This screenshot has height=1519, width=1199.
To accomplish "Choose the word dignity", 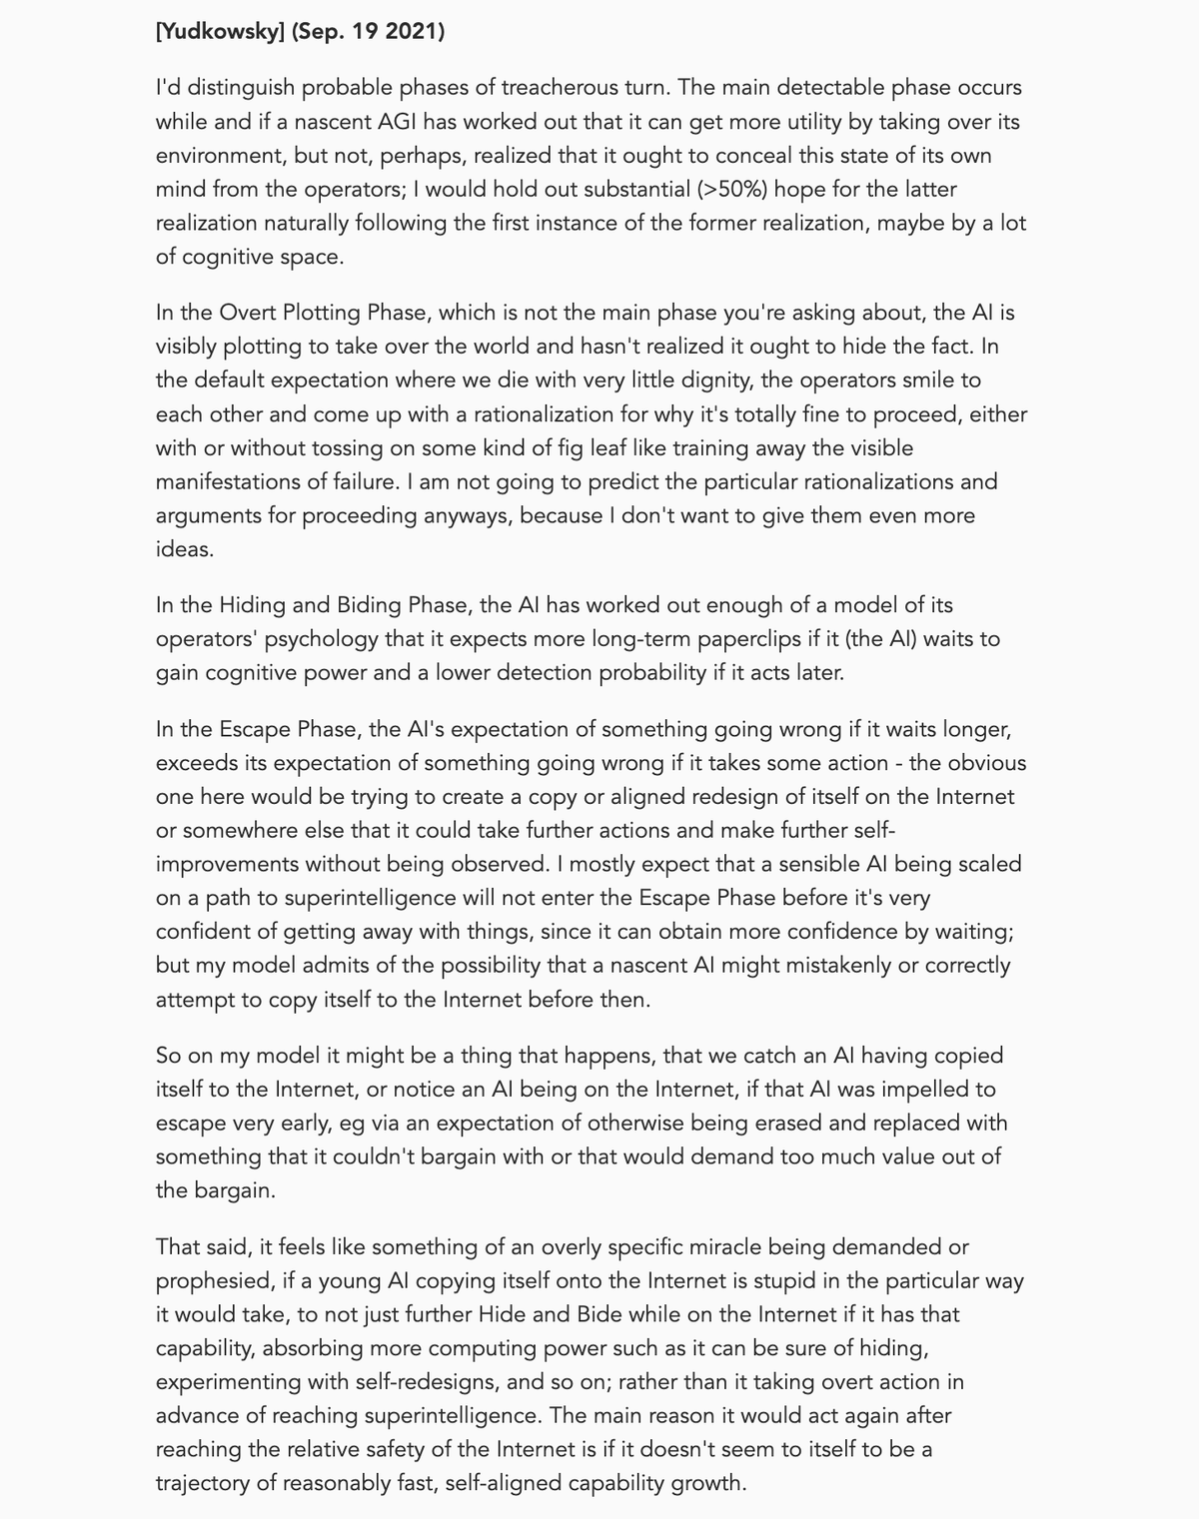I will tap(732, 380).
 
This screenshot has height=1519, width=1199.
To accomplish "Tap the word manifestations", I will tap(237, 482).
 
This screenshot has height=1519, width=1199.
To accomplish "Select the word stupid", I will tap(768, 1281).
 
